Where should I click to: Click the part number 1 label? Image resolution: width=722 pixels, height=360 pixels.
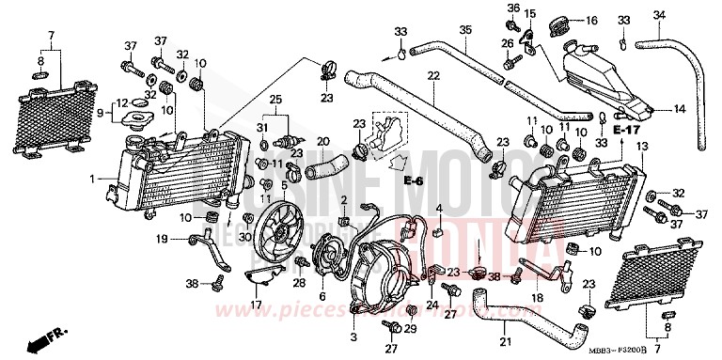93,178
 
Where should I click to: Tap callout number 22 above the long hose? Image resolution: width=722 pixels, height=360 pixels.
433,74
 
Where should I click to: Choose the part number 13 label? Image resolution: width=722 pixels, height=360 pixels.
643,147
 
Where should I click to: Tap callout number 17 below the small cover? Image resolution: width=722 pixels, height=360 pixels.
256,305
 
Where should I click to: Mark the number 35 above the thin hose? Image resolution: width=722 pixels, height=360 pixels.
464,30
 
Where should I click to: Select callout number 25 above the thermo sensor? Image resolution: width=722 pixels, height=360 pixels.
275,99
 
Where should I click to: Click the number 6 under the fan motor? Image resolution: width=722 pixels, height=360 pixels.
322,296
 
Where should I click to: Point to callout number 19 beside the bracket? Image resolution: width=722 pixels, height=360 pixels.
161,239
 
